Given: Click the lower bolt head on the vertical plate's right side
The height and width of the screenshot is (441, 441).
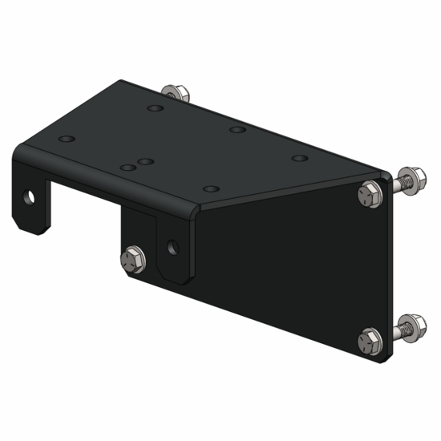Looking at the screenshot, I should click(x=370, y=339).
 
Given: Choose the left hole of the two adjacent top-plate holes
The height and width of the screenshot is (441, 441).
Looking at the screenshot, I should click(x=127, y=168).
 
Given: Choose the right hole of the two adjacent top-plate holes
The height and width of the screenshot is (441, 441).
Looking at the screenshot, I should click(x=146, y=161).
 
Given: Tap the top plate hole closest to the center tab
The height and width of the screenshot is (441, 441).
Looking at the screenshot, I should click(x=211, y=188).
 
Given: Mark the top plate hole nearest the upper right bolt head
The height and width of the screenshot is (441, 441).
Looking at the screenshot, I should click(x=298, y=158).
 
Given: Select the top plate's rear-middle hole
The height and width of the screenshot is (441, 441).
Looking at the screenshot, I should click(x=236, y=129).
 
